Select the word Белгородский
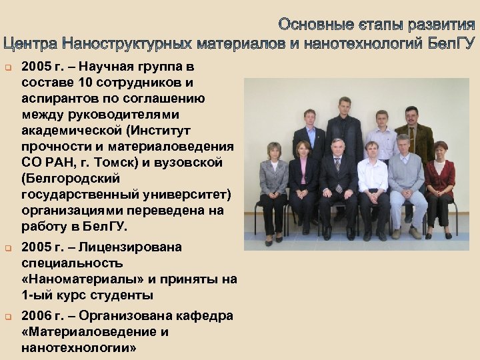pyautogui.click(x=71, y=179)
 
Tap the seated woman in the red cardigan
pyautogui.click(x=440, y=183)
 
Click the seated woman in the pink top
pyautogui.click(x=303, y=183)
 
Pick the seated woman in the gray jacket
pyautogui.click(x=273, y=183)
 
